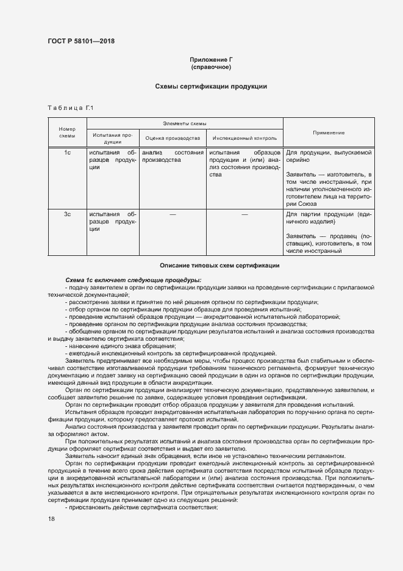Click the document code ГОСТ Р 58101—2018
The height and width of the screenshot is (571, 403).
80,42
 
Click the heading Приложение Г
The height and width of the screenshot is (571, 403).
211,59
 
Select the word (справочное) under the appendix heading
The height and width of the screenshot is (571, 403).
211,67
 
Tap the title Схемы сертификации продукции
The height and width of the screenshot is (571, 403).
211,87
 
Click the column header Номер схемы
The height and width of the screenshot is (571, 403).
66,133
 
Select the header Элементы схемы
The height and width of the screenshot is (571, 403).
185,123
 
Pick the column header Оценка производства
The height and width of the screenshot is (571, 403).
173,138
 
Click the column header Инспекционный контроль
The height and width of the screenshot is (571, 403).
244,138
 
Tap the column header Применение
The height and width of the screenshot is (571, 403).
329,133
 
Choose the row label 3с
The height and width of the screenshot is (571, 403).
68,214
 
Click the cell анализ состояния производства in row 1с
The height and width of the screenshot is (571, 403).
173,156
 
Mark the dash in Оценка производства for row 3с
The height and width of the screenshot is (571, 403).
173,214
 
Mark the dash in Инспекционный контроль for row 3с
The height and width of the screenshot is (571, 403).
244,214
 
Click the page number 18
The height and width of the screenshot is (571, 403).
51,518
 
